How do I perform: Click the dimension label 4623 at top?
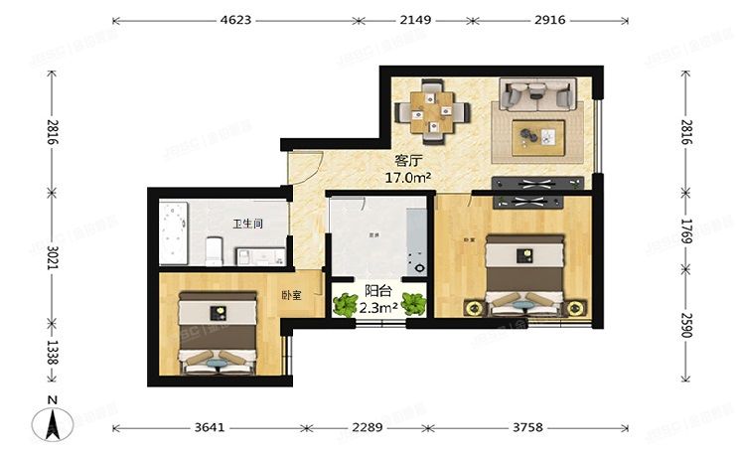[x=235, y=20]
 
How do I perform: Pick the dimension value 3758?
[x=527, y=429]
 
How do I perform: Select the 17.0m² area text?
[x=407, y=178]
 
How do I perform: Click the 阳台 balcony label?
[x=377, y=291]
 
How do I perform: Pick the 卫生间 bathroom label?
[x=247, y=224]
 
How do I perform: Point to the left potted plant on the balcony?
[x=345, y=303]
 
